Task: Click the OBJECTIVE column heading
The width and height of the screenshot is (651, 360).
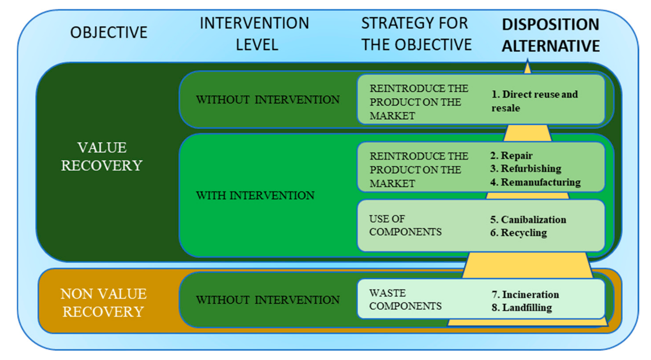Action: (109, 32)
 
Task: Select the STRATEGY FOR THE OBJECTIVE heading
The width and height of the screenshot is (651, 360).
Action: (416, 34)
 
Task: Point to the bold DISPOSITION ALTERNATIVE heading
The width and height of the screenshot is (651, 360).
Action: (550, 35)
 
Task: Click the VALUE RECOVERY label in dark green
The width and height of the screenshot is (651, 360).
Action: (102, 156)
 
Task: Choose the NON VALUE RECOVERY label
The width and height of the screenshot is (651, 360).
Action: (103, 303)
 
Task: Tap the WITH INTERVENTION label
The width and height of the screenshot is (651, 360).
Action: (255, 195)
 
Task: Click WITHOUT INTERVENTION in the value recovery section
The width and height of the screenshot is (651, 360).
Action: (268, 100)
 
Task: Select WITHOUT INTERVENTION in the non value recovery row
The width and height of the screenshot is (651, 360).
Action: (268, 300)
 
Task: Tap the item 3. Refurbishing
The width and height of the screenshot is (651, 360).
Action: (526, 169)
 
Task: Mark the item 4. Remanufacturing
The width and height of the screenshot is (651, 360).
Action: (535, 182)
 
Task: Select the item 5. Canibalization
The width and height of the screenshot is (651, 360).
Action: (528, 220)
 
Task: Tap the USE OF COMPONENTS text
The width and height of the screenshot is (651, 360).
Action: (405, 225)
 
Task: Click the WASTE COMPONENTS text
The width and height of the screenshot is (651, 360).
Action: (405, 300)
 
